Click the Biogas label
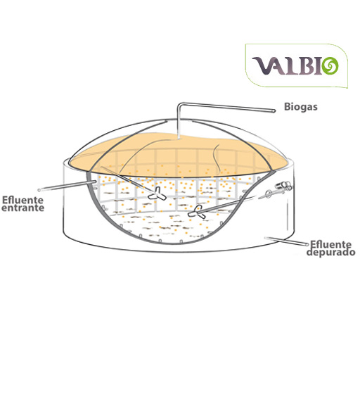click(301, 107)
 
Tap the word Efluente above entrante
click(22, 200)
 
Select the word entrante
click(23, 208)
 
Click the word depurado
click(330, 252)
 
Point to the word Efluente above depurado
click(331, 245)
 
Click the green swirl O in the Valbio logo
click(330, 66)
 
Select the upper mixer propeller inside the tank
click(157, 194)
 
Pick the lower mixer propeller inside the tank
click(196, 212)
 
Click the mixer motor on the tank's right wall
click(283, 186)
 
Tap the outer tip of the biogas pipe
click(274, 110)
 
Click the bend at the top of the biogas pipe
click(179, 104)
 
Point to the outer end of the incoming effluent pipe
click(39, 190)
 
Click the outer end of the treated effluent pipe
click(307, 245)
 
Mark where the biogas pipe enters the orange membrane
click(179, 139)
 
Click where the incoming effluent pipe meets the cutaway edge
click(95, 182)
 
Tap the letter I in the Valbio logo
click(318, 66)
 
